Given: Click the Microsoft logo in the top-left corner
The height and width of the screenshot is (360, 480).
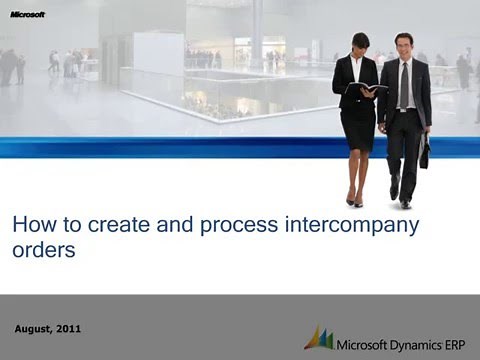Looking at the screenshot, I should (x=27, y=15).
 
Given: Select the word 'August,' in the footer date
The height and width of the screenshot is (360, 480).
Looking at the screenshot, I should (x=37, y=329).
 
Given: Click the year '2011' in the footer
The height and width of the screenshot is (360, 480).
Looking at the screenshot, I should (x=69, y=329).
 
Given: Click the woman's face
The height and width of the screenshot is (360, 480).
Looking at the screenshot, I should (x=360, y=45).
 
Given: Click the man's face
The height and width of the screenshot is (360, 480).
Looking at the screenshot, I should (x=402, y=47).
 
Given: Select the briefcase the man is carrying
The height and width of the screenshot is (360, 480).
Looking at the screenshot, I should (x=424, y=151).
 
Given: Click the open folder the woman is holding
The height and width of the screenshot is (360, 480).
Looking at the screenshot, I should (x=365, y=89).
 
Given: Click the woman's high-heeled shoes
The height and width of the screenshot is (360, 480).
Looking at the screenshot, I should (x=354, y=200).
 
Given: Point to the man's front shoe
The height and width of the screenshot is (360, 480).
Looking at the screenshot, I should (x=404, y=203).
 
